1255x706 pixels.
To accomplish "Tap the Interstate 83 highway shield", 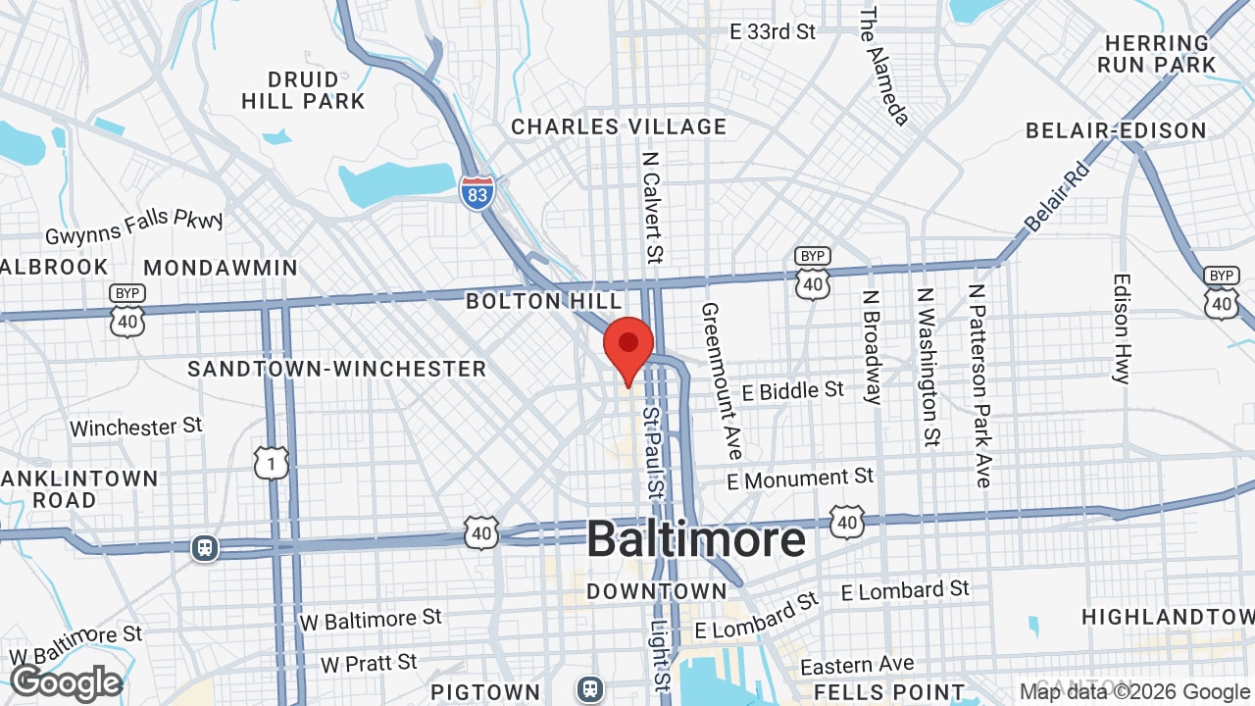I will click(477, 191).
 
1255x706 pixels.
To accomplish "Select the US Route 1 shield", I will click(272, 462).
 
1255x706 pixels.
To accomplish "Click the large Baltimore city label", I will click(696, 540).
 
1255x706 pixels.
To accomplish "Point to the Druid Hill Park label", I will click(303, 90).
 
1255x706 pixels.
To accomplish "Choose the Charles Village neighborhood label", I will click(619, 126).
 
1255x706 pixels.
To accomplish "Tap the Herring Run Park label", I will click(1157, 54).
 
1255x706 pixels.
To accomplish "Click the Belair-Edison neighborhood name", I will click(1116, 130).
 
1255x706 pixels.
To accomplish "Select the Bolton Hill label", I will click(544, 301).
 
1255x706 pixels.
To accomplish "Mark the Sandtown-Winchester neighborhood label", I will click(337, 369).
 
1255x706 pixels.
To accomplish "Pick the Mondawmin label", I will click(221, 268).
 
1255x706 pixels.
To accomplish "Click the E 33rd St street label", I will click(773, 32).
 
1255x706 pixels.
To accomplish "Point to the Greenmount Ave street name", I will click(721, 381).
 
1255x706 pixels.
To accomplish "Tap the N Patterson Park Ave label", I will click(979, 385).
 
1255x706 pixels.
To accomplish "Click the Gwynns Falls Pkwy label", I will click(134, 227).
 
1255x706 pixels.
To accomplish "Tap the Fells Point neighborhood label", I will click(889, 692).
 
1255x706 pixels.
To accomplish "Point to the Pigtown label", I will click(485, 692).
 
